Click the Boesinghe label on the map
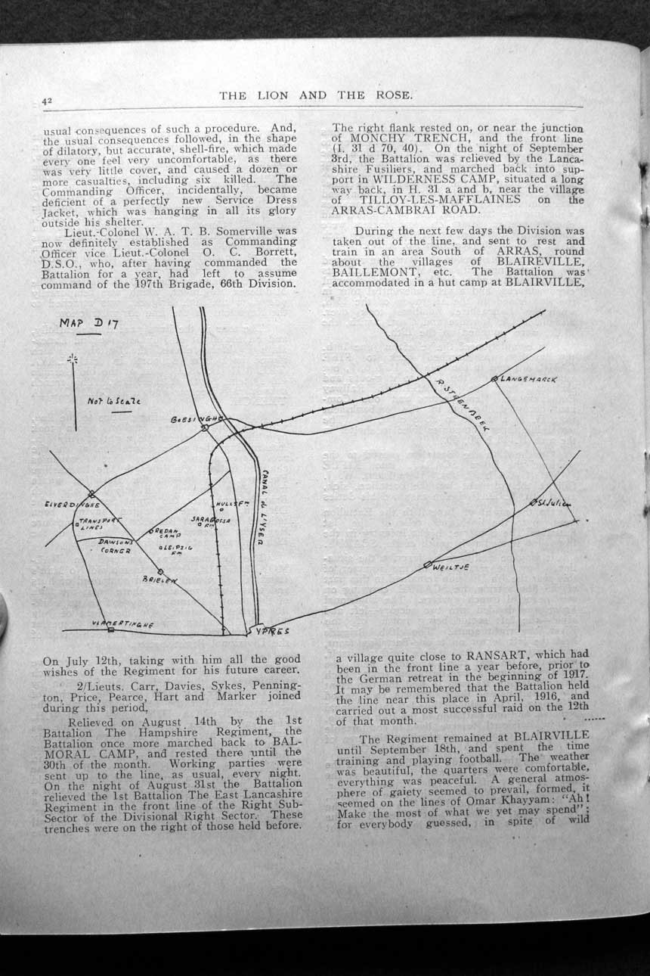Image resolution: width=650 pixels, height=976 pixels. (x=195, y=418)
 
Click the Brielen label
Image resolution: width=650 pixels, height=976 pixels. (x=159, y=580)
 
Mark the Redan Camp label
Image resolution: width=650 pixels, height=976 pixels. (x=170, y=533)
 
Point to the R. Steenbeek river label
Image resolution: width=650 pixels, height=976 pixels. (x=463, y=406)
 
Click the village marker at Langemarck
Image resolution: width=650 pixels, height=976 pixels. (x=494, y=378)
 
